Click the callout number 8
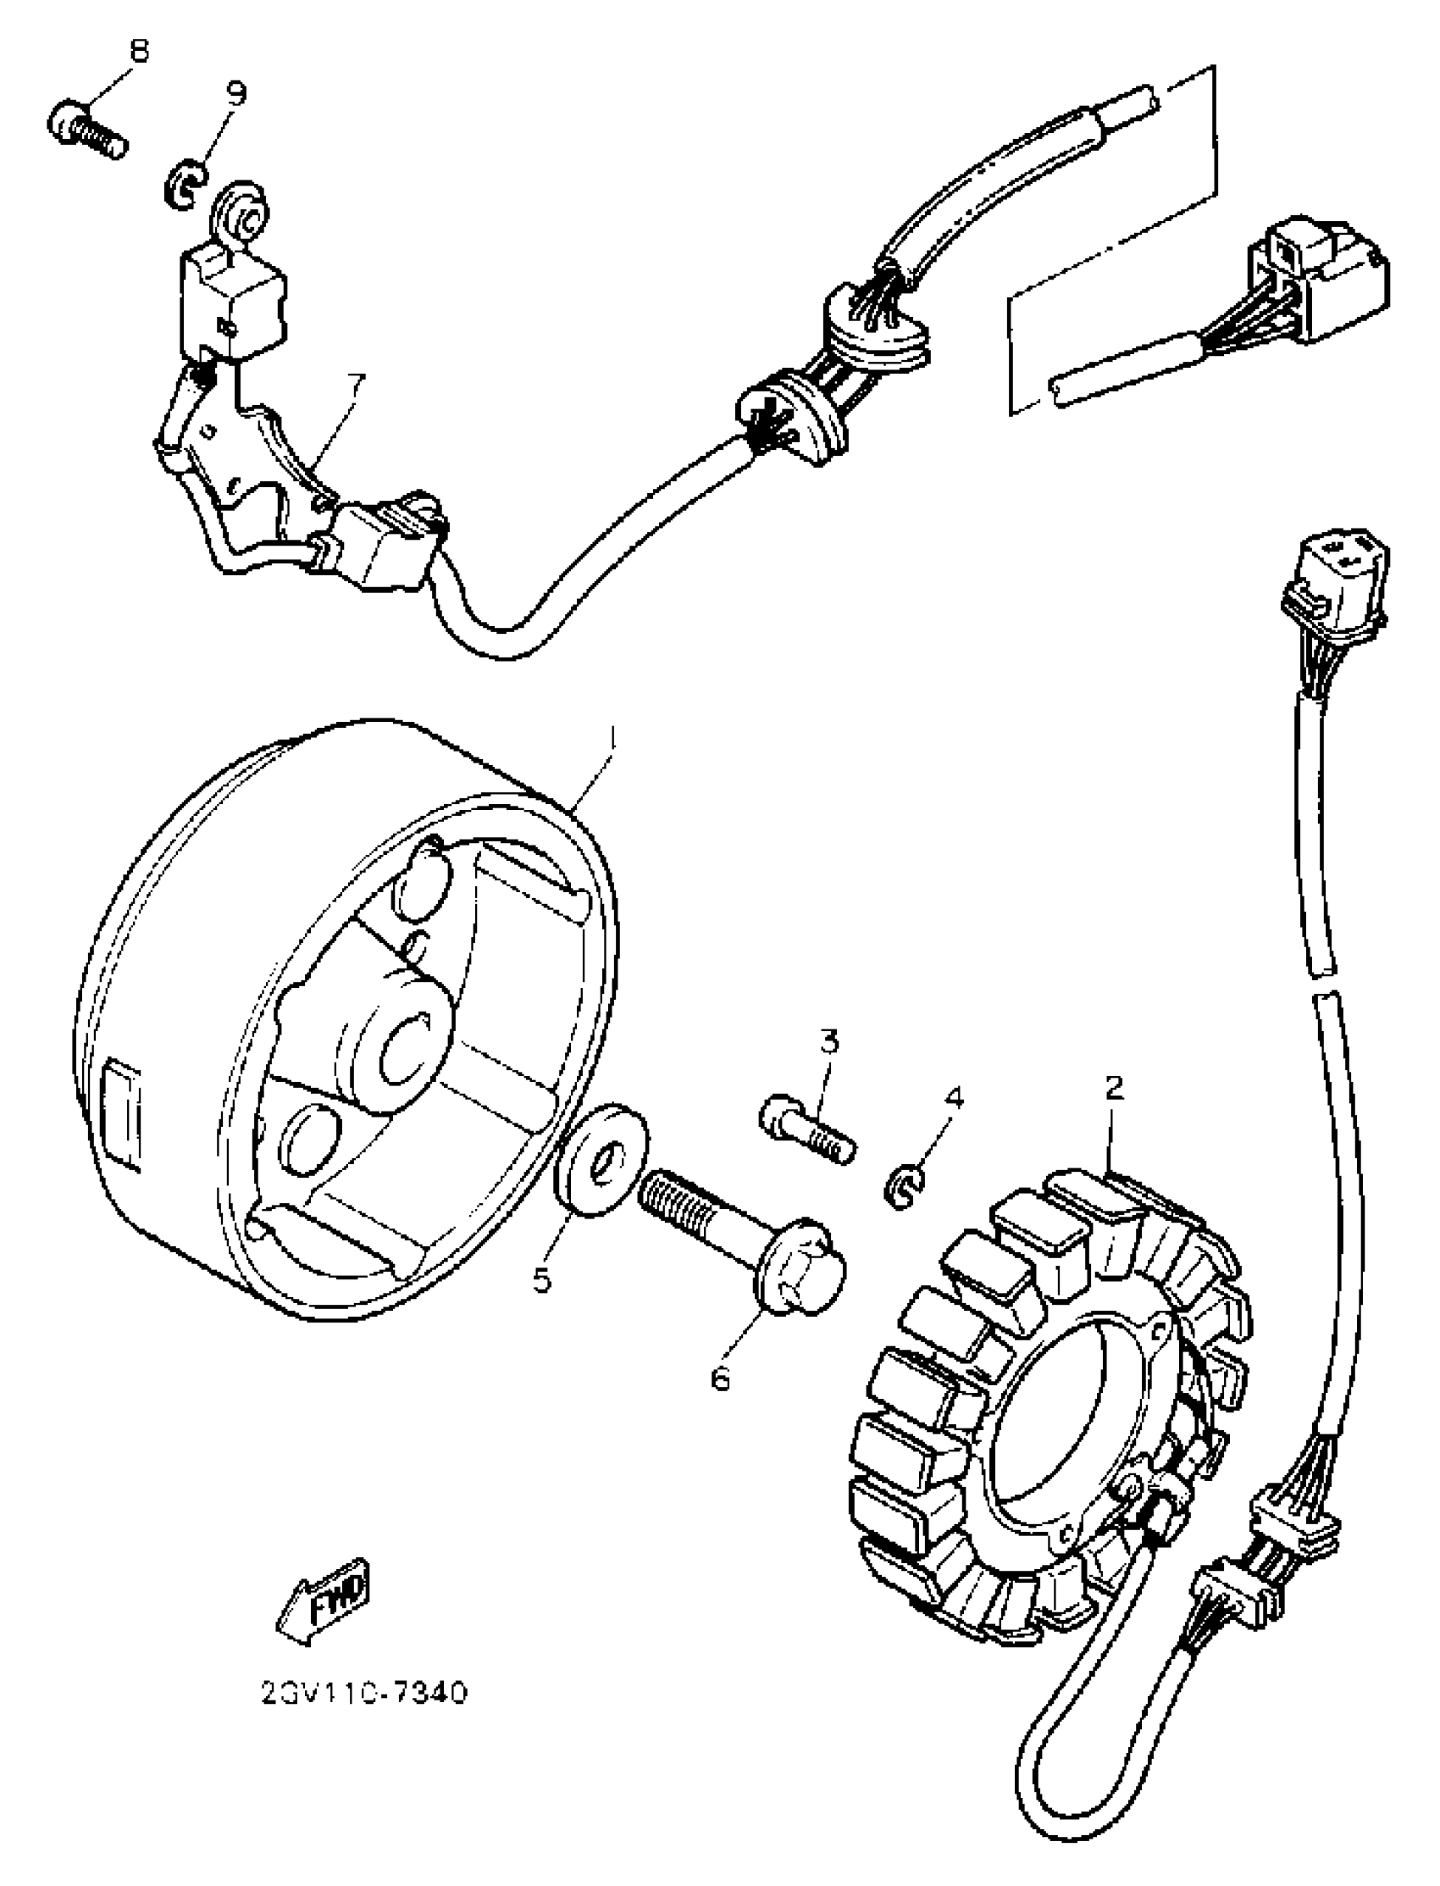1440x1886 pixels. tap(138, 51)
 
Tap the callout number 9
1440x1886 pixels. tap(235, 92)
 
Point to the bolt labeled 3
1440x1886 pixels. tap(806, 1132)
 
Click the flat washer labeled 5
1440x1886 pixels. tap(601, 1158)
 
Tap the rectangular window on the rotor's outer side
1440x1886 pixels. tap(121, 1115)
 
